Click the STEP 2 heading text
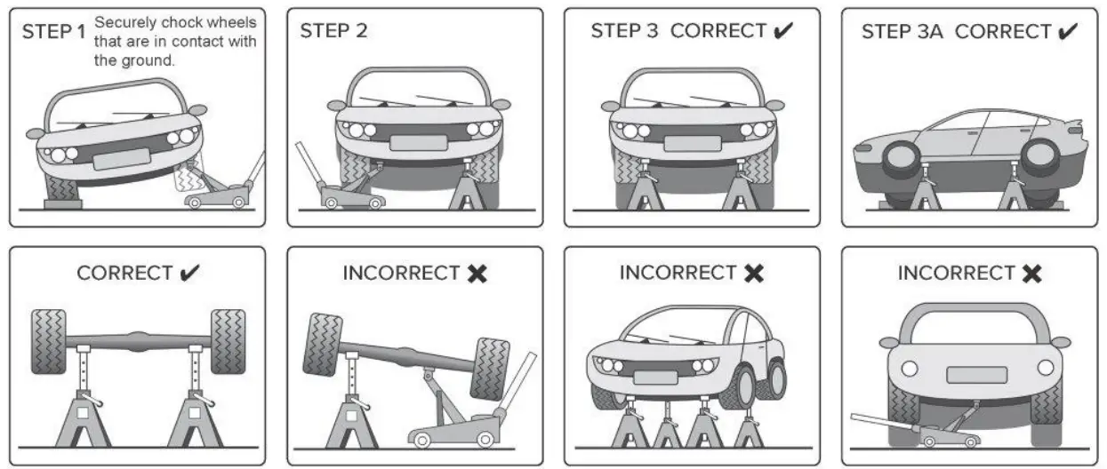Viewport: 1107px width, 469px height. [333, 30]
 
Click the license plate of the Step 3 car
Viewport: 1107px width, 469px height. [694, 142]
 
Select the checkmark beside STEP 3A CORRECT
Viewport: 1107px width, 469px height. [1067, 31]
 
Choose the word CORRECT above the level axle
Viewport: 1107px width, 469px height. [125, 273]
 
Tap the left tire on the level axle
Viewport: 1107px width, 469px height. [48, 341]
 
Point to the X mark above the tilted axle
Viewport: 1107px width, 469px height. [477, 274]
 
